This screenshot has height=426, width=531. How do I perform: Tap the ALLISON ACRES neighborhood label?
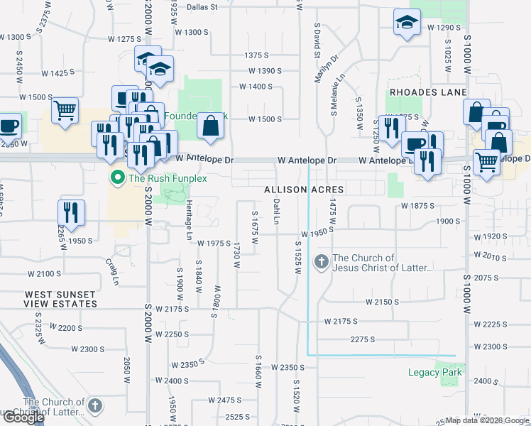click(304, 190)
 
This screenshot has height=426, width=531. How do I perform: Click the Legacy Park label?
click(434, 372)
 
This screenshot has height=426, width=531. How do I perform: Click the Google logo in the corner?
click(23, 417)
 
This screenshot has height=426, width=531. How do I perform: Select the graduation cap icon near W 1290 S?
click(407, 23)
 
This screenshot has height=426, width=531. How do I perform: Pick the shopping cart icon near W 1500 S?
click(65, 111)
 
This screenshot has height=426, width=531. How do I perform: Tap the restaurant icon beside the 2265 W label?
click(71, 212)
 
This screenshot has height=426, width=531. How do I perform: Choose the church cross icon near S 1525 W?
click(321, 262)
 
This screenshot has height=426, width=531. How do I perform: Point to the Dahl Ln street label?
click(277, 209)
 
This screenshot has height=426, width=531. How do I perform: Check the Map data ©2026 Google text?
click(487, 420)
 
